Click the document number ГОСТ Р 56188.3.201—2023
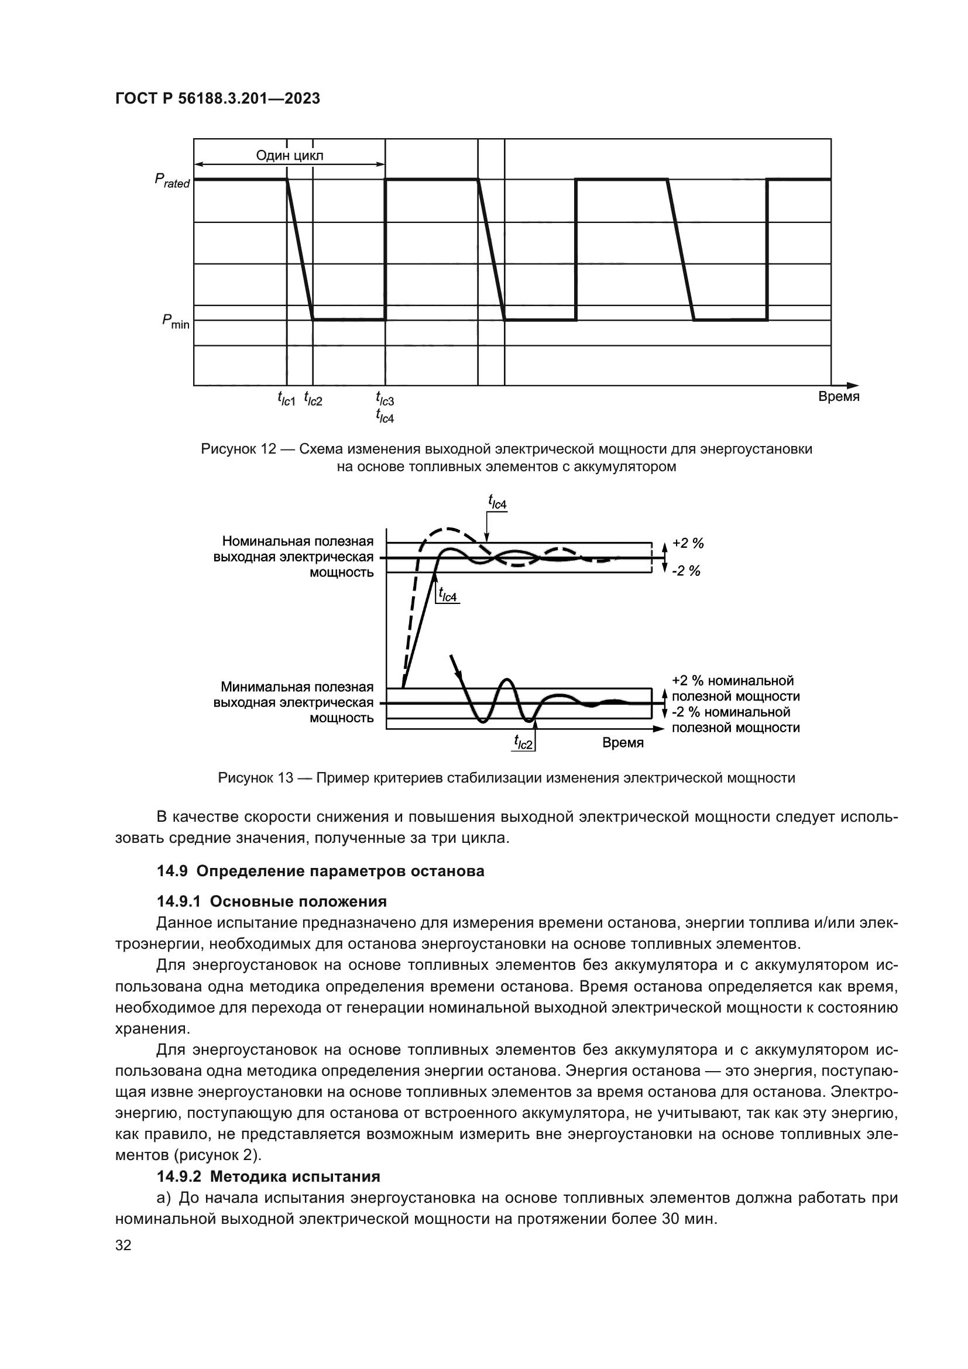click(218, 98)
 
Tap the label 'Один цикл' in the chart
click(290, 156)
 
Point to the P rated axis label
click(172, 181)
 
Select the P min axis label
click(175, 322)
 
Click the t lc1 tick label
click(286, 399)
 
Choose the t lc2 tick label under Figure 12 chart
click(313, 399)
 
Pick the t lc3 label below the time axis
click(385, 397)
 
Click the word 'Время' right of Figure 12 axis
click(839, 396)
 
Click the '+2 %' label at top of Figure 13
click(688, 543)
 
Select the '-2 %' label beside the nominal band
click(686, 571)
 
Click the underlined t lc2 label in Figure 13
click(523, 742)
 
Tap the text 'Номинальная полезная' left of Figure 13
click(297, 541)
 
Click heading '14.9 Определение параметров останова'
click(320, 871)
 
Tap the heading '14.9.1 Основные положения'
click(272, 901)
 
